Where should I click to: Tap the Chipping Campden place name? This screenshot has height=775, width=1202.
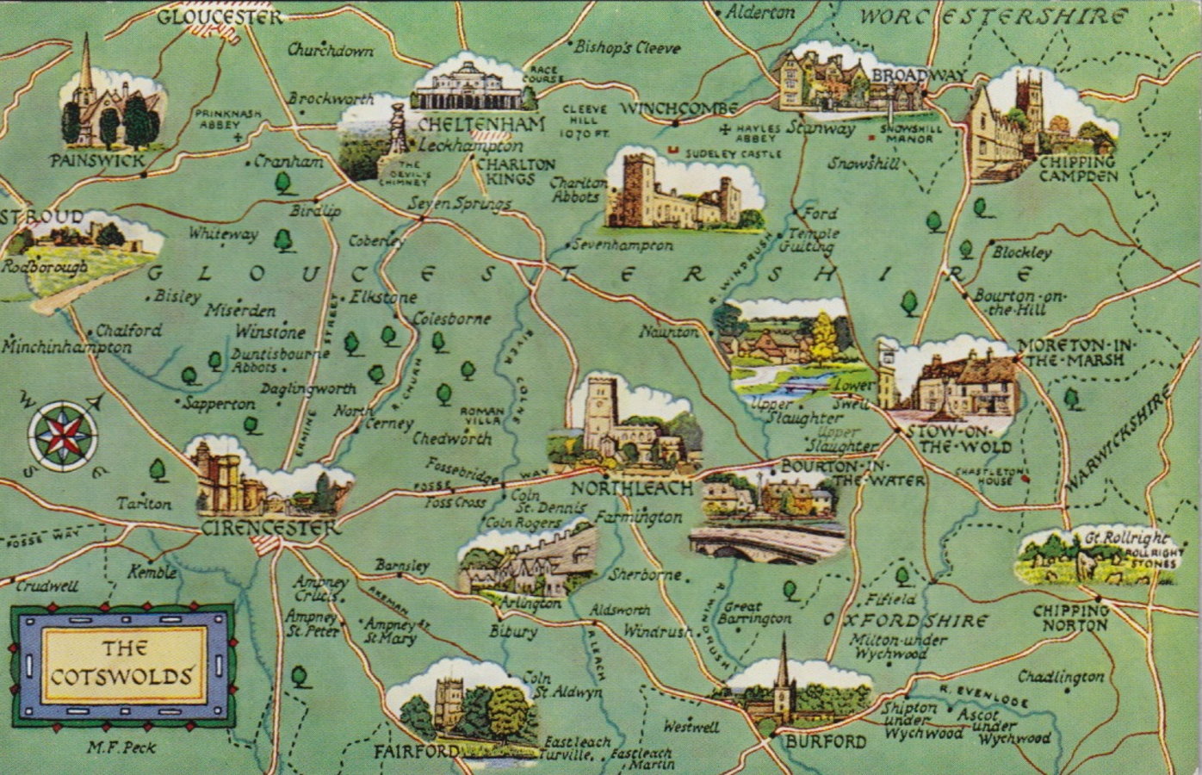(1077, 169)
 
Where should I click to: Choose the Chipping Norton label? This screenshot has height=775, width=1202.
(1071, 617)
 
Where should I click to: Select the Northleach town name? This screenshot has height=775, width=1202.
(631, 488)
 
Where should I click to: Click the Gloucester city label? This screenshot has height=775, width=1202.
(219, 16)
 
